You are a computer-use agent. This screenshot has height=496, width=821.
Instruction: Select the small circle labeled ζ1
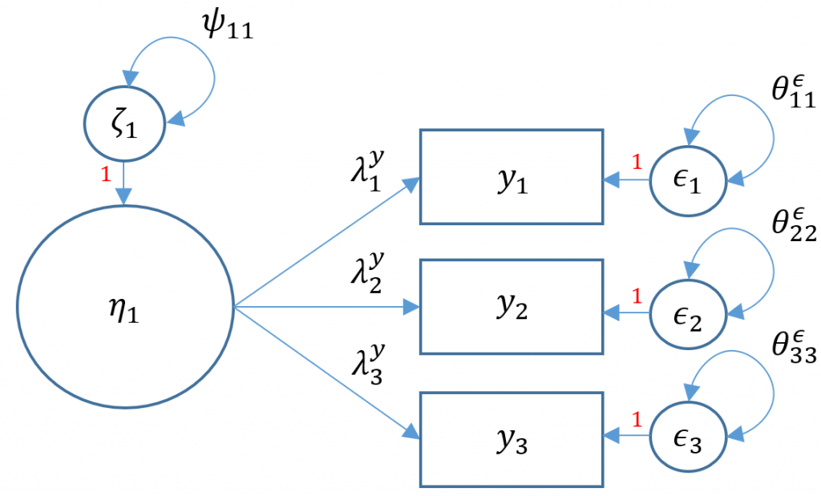coord(123,126)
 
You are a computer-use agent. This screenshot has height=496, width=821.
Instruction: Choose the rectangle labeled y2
coord(511,307)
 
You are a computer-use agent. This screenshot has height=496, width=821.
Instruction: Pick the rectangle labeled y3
coord(511,438)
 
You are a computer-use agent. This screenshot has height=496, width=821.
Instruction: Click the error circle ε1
coord(689,179)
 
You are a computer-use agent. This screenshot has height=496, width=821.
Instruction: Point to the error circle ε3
coord(689,438)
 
